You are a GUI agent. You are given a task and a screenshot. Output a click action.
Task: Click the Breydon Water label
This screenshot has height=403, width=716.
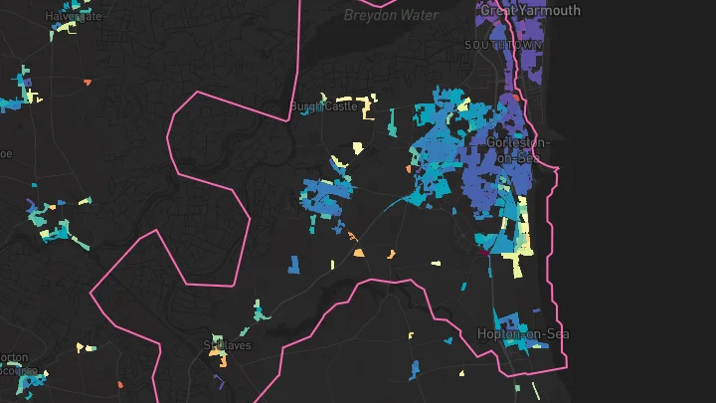(383, 15)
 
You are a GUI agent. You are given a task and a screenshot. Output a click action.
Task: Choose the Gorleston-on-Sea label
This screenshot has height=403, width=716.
(518, 150)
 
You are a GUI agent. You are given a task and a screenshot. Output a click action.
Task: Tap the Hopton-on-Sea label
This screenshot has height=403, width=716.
(521, 333)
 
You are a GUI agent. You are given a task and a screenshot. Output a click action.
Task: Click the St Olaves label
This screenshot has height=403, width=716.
(228, 345)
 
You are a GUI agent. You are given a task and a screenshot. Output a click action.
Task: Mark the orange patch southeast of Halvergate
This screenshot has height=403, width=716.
(88, 82)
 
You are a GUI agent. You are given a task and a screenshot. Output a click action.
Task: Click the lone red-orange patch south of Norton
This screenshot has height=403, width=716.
(120, 384)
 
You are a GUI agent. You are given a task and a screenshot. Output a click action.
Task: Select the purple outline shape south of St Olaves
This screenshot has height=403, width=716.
(221, 378)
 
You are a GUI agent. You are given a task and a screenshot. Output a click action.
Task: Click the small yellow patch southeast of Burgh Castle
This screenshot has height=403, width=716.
(357, 148)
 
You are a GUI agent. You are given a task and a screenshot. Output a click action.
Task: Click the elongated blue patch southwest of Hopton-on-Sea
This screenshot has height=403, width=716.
(414, 370)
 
